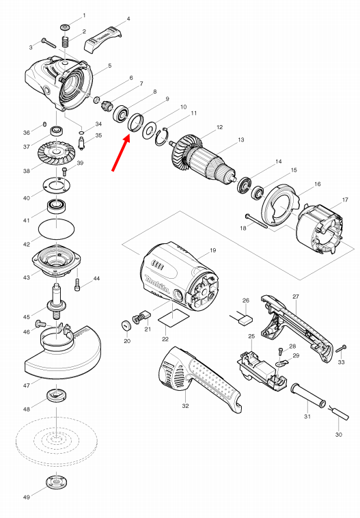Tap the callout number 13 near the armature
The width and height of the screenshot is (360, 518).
coord(240,139)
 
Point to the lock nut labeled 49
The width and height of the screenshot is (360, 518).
coord(55,481)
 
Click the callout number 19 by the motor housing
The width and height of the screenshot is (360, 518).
coord(212,251)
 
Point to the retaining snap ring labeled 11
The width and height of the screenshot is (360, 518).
coord(163,137)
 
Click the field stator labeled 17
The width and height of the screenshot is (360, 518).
coord(322,228)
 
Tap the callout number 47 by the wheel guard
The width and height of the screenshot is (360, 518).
coord(26,385)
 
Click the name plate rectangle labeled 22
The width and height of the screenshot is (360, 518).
coord(171,318)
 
